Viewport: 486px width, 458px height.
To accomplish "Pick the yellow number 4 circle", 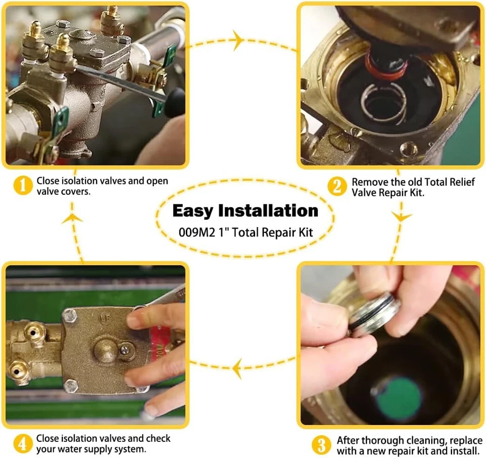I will coord(22,444).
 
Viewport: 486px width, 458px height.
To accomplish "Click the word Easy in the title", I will coord(195,211).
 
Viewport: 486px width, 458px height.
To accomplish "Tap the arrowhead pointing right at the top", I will coord(238,40).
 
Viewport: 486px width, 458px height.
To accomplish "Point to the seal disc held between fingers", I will coord(375,314).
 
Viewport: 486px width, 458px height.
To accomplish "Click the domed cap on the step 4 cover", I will coord(105,348).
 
